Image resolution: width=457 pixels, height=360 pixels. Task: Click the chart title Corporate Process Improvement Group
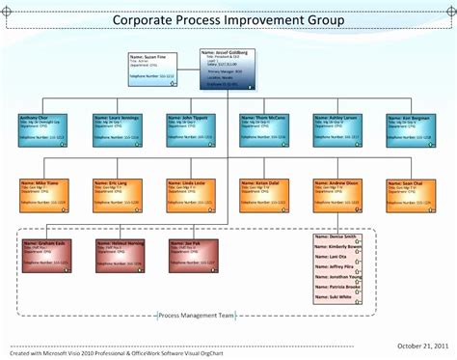tap(228, 19)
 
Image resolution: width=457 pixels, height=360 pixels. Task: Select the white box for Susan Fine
tap(151, 69)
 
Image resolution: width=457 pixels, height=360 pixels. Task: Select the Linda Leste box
tap(191, 194)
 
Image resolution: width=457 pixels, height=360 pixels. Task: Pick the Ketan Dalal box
tap(264, 194)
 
